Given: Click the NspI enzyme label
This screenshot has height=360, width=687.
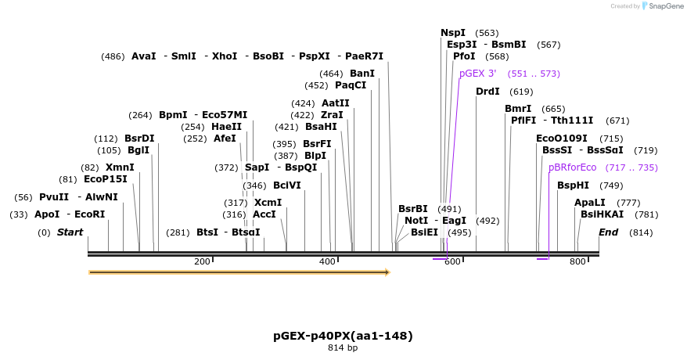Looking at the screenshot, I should (x=452, y=33).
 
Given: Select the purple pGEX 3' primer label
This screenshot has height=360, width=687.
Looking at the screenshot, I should (x=477, y=74).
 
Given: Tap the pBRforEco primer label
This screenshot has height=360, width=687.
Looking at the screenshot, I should (x=572, y=167).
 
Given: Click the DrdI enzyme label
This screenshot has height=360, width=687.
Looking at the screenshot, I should (x=487, y=92).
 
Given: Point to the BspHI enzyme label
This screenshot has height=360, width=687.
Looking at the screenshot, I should (x=573, y=185).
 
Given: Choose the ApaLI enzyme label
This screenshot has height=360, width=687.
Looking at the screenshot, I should (x=589, y=203).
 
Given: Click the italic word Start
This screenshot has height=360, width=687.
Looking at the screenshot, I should (x=70, y=232).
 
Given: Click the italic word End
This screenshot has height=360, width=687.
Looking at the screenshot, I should (x=608, y=232).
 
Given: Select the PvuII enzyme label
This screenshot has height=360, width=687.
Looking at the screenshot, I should (x=53, y=197).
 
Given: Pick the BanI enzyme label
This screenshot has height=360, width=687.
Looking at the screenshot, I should (x=361, y=74).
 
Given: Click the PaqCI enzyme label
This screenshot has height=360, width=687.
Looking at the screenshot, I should (x=350, y=85).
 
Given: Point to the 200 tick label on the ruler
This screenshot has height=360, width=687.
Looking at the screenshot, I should (x=202, y=261).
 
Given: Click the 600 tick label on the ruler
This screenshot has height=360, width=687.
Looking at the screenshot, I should (x=452, y=261).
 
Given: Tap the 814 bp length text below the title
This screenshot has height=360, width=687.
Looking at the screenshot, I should (x=343, y=347).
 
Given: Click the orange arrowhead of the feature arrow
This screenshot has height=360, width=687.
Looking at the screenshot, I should (x=386, y=272).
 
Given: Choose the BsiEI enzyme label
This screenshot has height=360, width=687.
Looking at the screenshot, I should (x=424, y=232).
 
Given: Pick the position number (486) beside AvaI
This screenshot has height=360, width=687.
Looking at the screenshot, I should (x=113, y=56).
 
